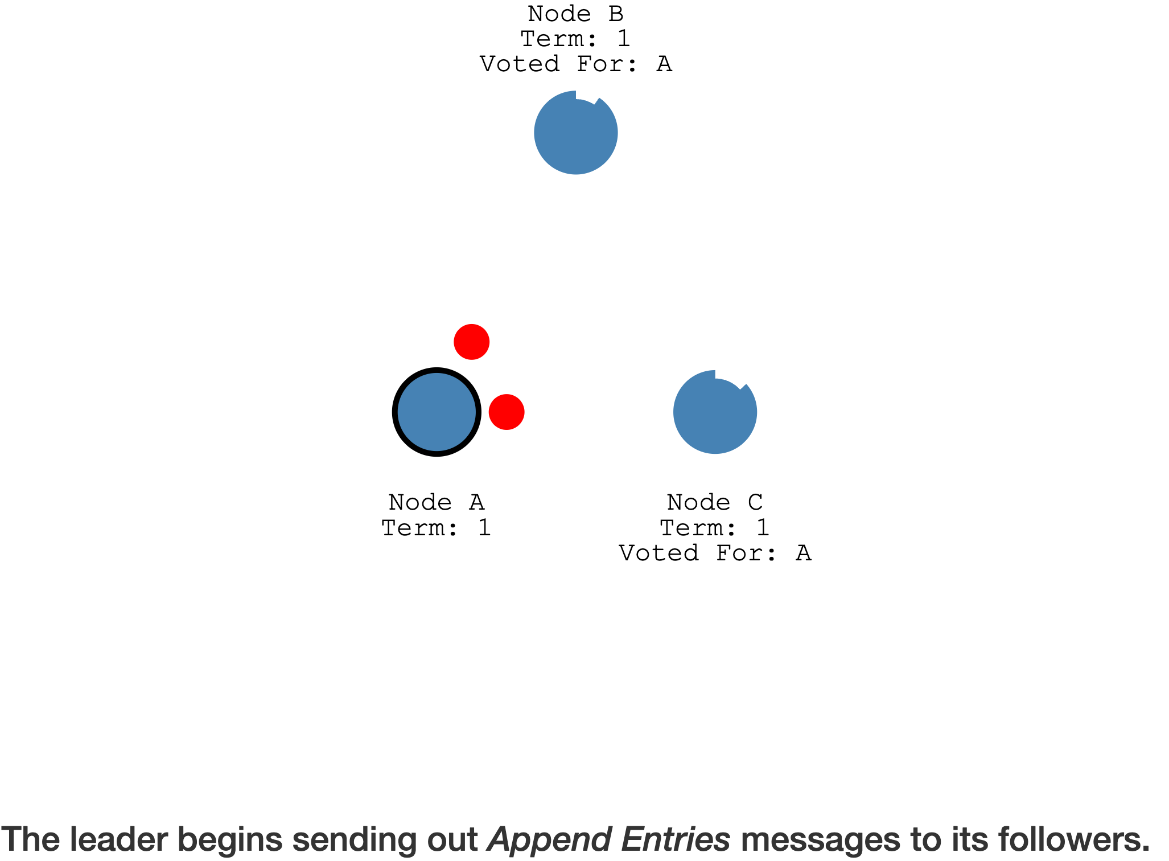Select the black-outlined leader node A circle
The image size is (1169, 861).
437,412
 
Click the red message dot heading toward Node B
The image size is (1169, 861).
471,342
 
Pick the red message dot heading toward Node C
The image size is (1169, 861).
507,412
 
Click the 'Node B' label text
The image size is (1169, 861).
575,14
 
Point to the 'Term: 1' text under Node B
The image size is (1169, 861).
575,39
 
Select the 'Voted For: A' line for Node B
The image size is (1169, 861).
575,64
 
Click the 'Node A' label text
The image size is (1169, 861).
437,502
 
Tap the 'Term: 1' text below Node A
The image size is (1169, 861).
437,528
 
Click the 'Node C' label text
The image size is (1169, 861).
715,502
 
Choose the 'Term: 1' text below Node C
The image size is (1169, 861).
715,528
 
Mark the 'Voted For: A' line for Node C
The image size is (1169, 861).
715,553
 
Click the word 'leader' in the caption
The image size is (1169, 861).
119,839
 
